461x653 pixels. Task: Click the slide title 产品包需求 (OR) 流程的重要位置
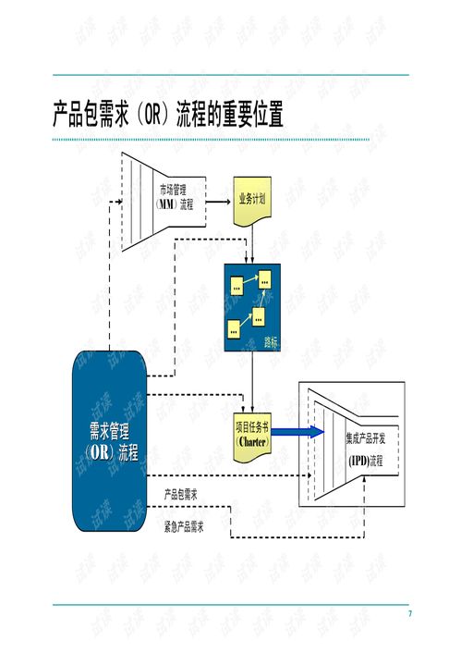coord(167,116)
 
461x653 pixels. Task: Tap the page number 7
coord(410,614)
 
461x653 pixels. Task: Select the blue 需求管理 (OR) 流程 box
coord(110,441)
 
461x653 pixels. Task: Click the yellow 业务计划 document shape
coord(252,200)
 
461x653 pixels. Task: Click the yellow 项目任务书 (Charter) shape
coord(251,434)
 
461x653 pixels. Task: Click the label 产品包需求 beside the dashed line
coord(181,494)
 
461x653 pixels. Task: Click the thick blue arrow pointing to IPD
coord(298,432)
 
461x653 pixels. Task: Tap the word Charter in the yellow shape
coord(251,441)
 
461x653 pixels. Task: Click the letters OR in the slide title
coord(151,117)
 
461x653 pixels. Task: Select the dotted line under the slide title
coord(211,140)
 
